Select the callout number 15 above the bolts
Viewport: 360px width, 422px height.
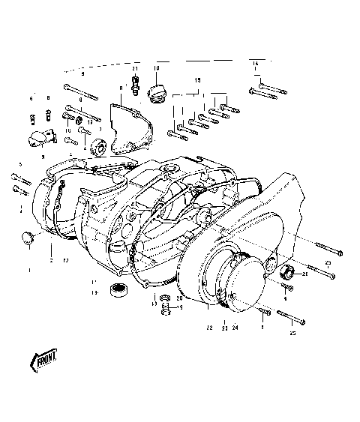coord(197,79)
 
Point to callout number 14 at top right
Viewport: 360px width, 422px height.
coord(255,62)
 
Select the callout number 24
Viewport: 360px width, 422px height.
coord(235,328)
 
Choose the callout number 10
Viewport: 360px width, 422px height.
coord(157,68)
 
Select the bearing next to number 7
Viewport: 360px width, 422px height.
coord(97,144)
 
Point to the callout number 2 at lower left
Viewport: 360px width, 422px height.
coord(51,259)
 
